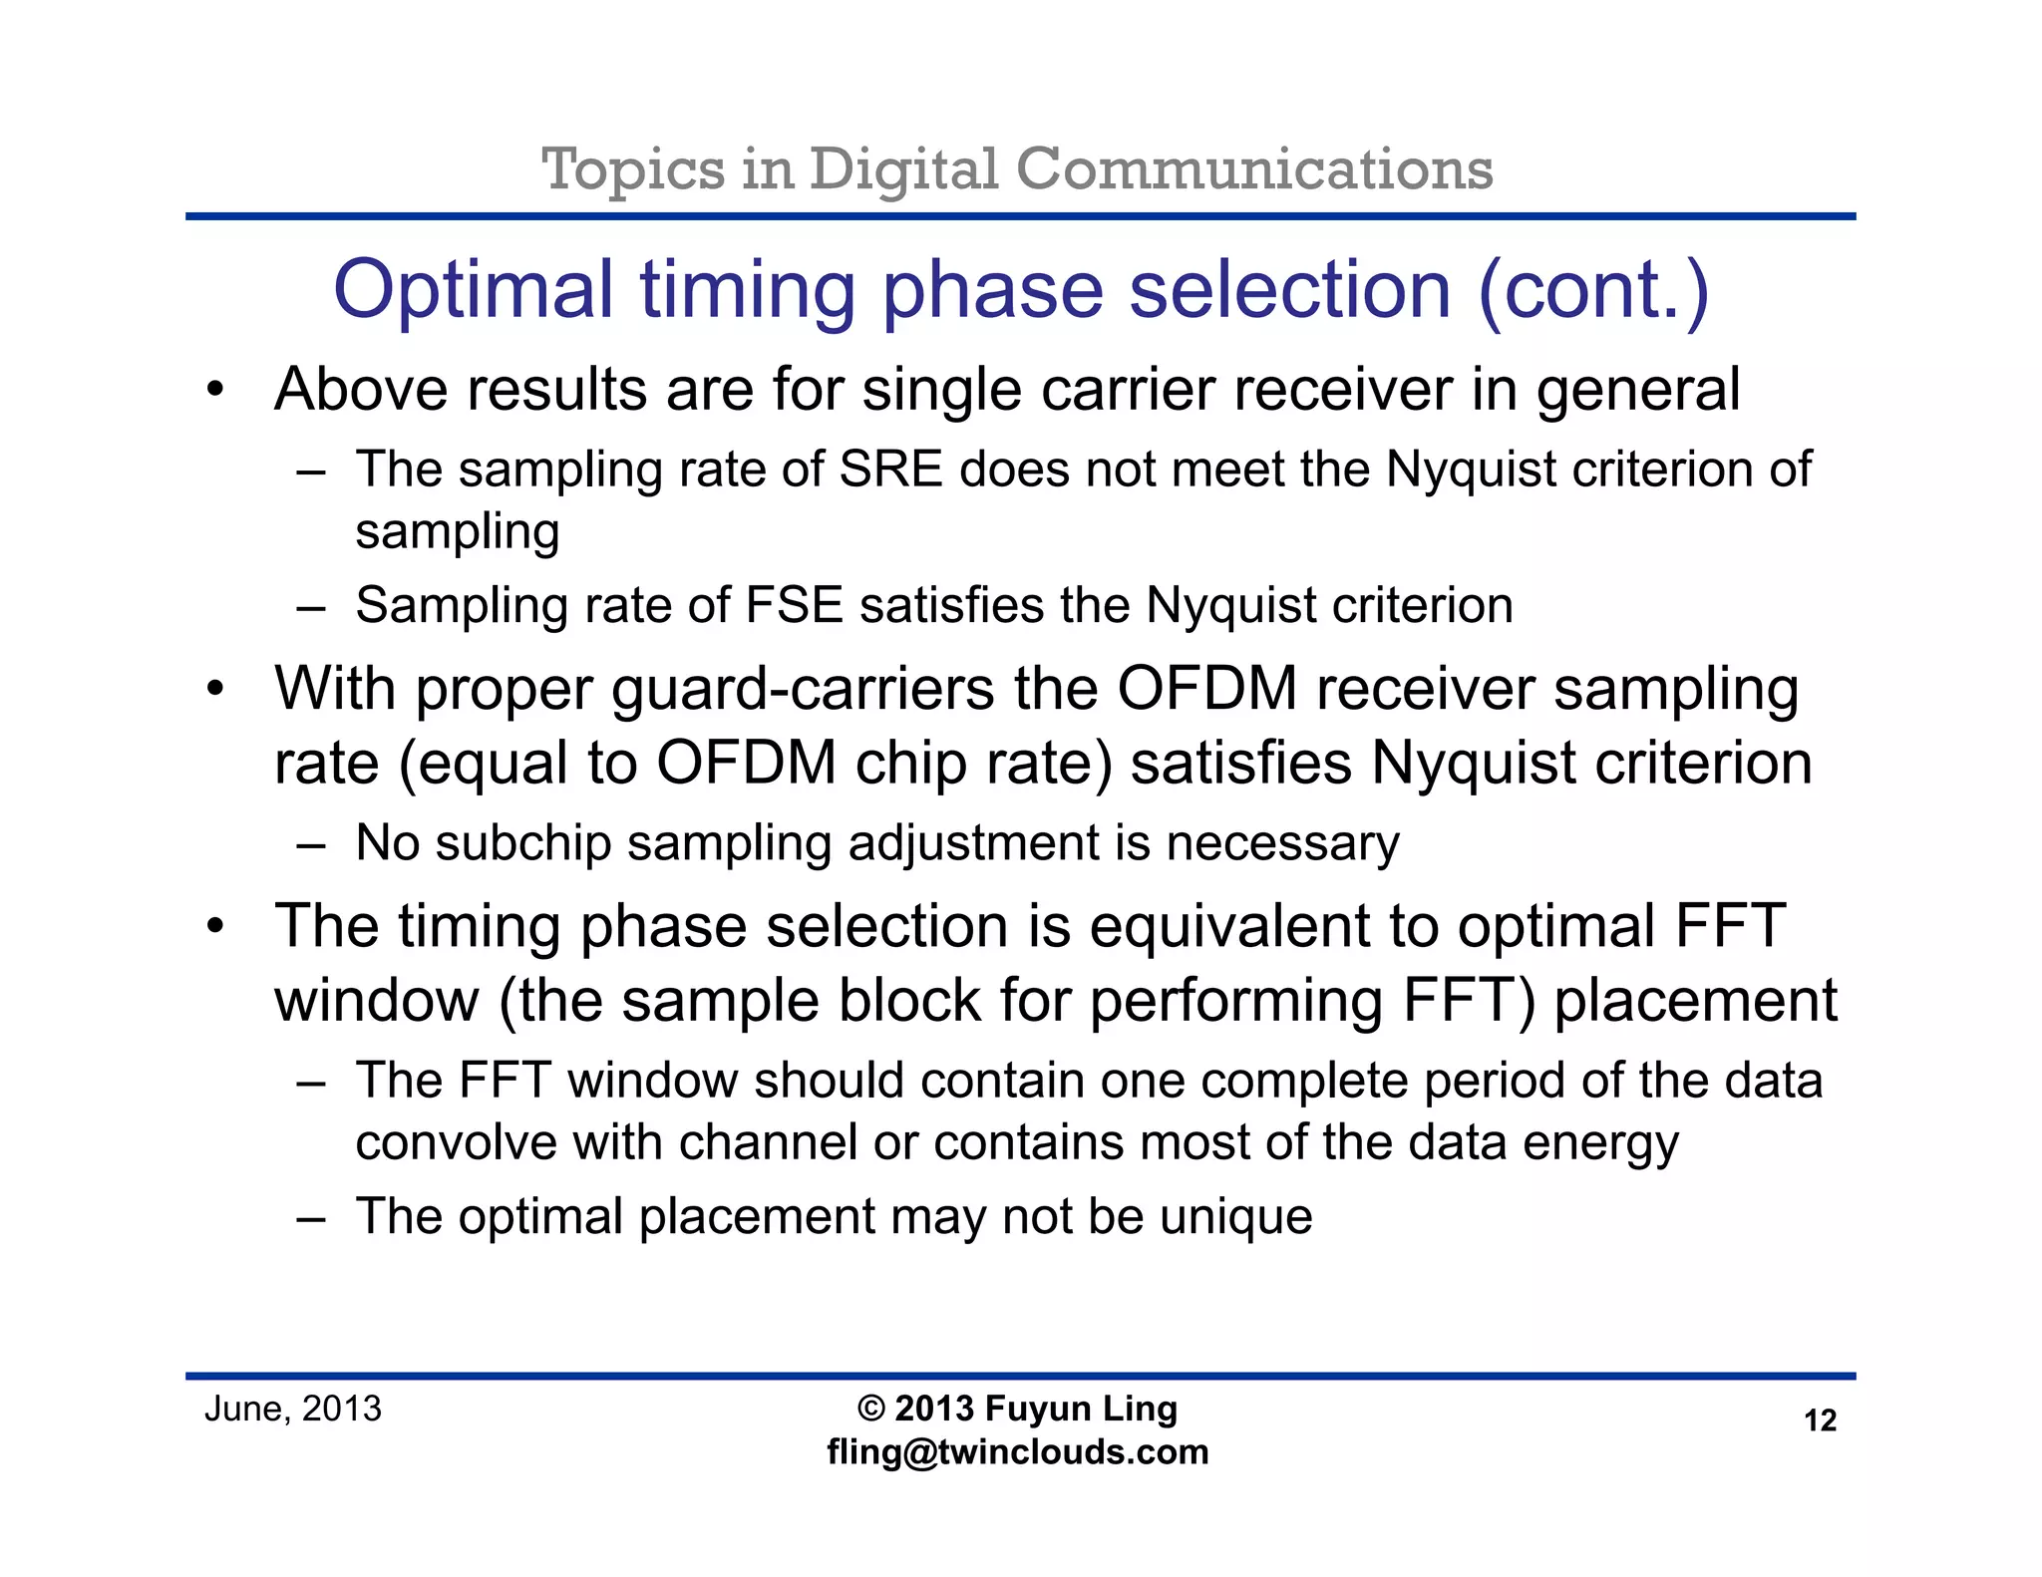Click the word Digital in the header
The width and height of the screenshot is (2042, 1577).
coord(903,169)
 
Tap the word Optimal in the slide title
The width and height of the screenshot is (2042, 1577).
coord(473,290)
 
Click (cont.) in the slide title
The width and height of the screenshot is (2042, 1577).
coord(1593,290)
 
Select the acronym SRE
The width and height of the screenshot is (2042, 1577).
coord(890,469)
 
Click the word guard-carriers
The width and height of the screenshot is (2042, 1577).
coord(804,690)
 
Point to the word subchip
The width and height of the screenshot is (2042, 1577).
coord(522,843)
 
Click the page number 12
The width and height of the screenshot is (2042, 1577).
coord(1820,1420)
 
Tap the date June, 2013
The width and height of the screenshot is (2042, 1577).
coord(292,1409)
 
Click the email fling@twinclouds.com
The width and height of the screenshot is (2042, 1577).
coord(1017,1452)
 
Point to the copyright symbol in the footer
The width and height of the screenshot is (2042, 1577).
coord(870,1410)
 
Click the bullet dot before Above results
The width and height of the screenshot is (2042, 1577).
coord(215,391)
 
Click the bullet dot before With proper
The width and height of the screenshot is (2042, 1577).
coord(215,691)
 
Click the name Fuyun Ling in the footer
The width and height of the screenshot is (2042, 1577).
coord(1081,1410)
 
